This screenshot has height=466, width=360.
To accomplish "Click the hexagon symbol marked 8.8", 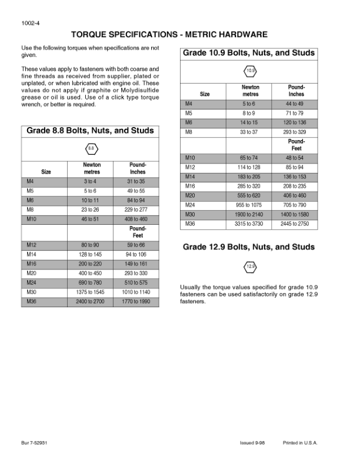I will point(91,148).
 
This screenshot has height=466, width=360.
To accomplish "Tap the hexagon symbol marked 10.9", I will point(250,71).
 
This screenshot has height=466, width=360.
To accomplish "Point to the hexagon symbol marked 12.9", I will point(250,267).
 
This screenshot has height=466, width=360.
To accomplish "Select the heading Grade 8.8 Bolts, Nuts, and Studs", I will point(90,131).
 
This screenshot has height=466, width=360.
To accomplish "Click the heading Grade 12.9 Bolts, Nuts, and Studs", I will point(249,247).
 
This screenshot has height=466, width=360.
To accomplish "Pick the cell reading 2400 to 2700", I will point(91,301).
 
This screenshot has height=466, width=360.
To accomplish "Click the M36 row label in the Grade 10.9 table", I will point(190,224).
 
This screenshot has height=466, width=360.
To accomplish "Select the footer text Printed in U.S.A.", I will point(300,442).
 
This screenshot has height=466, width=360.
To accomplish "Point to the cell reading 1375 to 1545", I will point(91,292).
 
